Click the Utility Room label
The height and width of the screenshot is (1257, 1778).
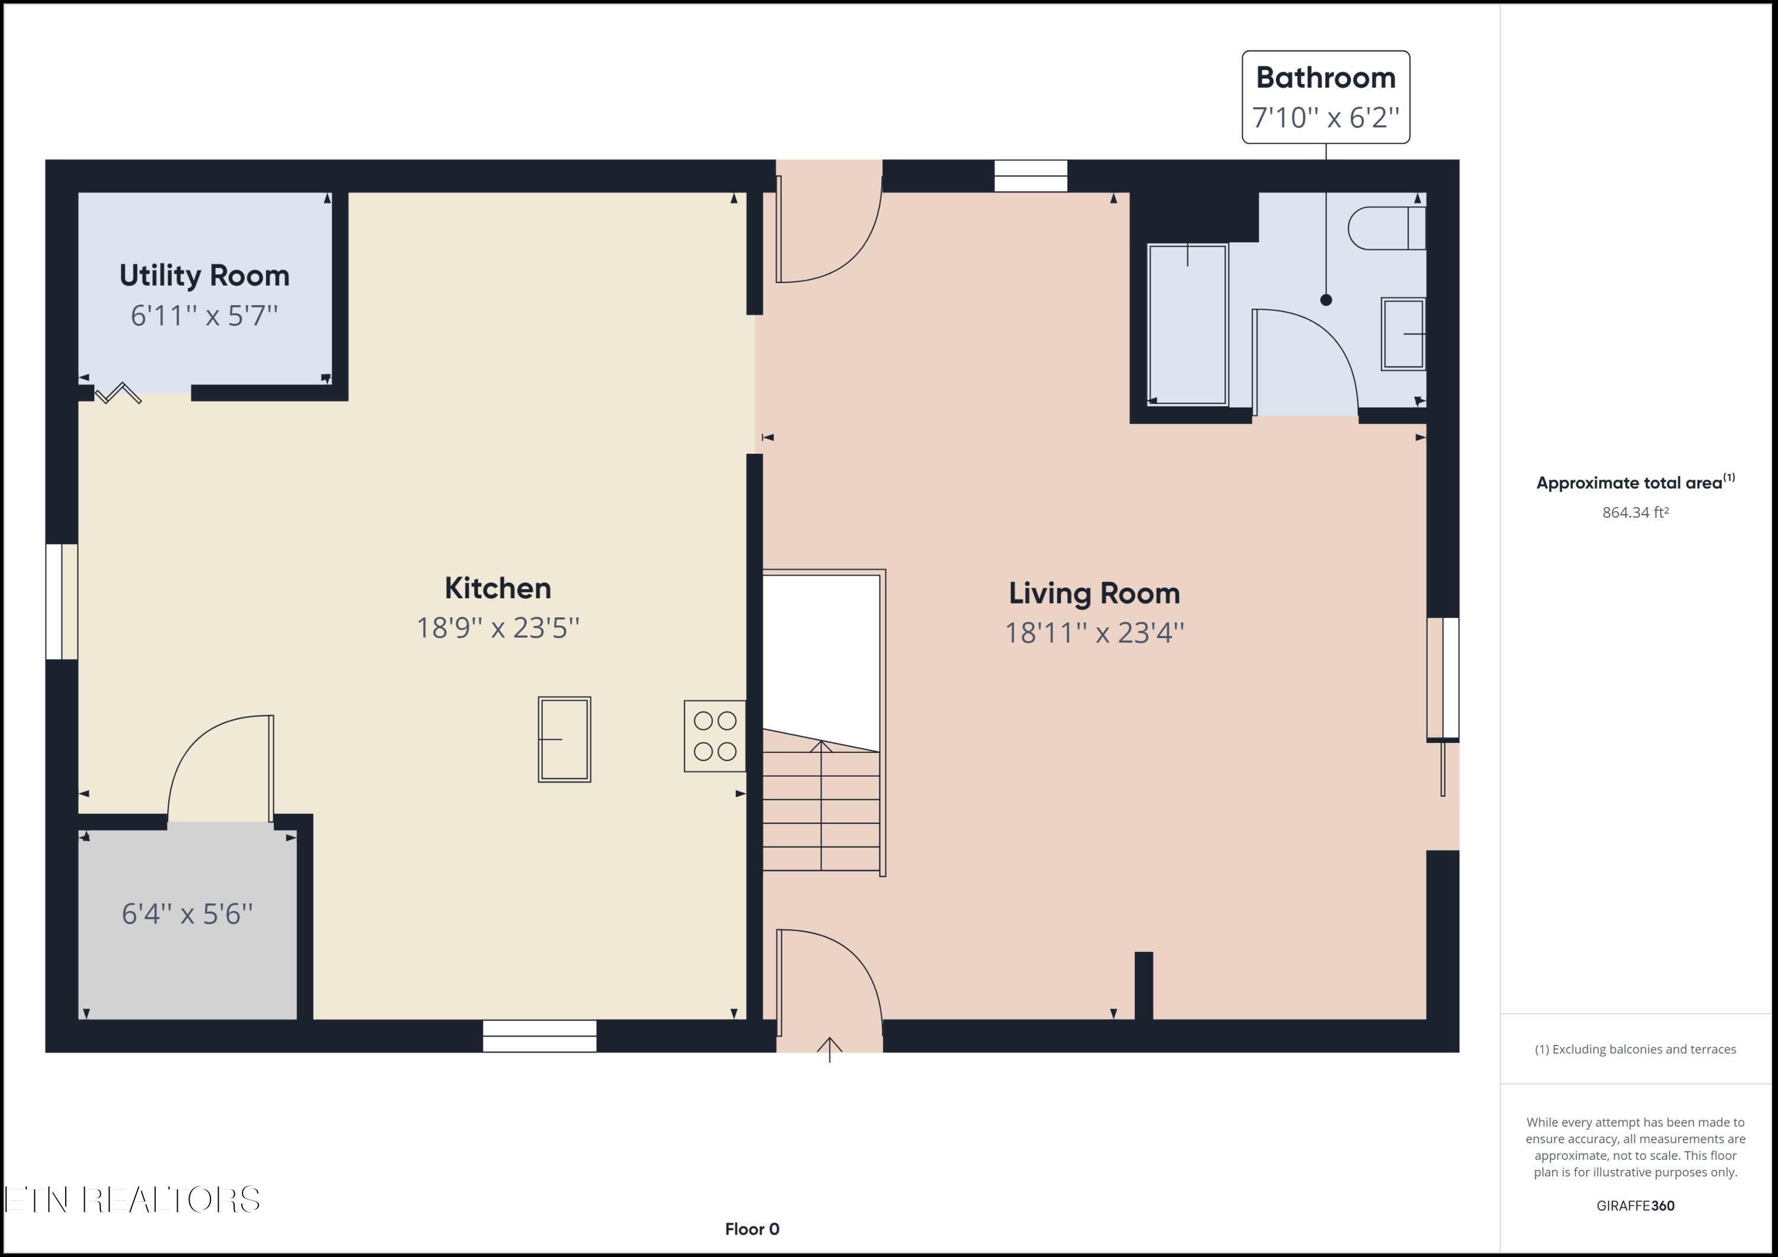pos(204,275)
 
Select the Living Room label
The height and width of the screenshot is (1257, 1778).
pos(1093,594)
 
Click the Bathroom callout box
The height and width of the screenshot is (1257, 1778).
pos(1325,97)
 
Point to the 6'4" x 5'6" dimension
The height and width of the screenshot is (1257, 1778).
pos(187,914)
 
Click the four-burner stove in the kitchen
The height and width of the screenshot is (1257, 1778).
pos(715,736)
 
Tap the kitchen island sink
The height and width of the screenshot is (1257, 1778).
pos(565,739)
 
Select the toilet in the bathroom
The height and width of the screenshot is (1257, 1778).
pos(1386,228)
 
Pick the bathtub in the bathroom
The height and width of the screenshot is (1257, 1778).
pos(1187,324)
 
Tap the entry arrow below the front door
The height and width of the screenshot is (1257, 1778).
pos(829,1050)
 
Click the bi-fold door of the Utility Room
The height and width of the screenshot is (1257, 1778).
pos(119,393)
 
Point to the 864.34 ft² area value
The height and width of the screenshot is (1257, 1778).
pos(1635,512)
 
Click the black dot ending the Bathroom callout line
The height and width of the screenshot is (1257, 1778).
pos(1326,300)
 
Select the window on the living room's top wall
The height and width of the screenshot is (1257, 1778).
pos(1030,176)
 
